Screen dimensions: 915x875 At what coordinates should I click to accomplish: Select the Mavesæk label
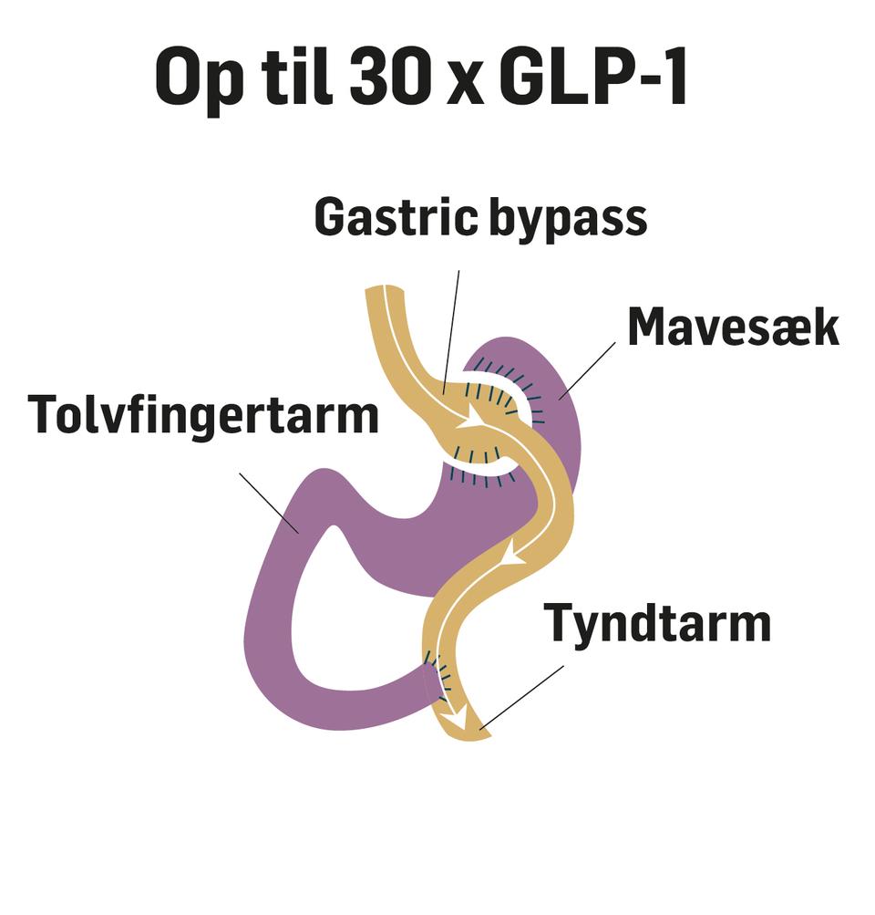point(733,327)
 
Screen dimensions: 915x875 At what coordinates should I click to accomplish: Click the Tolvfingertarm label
point(203,415)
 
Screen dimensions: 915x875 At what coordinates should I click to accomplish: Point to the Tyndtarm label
point(657,623)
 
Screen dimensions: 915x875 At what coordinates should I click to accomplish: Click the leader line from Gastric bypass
point(451,328)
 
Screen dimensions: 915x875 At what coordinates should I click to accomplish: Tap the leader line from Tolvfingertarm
point(269,502)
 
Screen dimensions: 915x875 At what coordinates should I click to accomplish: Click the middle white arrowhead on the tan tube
point(517,552)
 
